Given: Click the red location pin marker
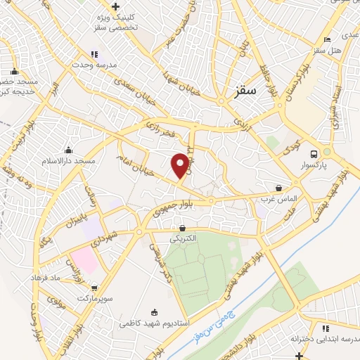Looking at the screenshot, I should pyautogui.click(x=181, y=165).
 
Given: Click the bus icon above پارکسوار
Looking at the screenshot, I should pyautogui.click(x=314, y=154).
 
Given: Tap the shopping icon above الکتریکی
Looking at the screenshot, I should pyautogui.click(x=183, y=228).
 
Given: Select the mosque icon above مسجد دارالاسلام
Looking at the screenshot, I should pyautogui.click(x=68, y=150).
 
